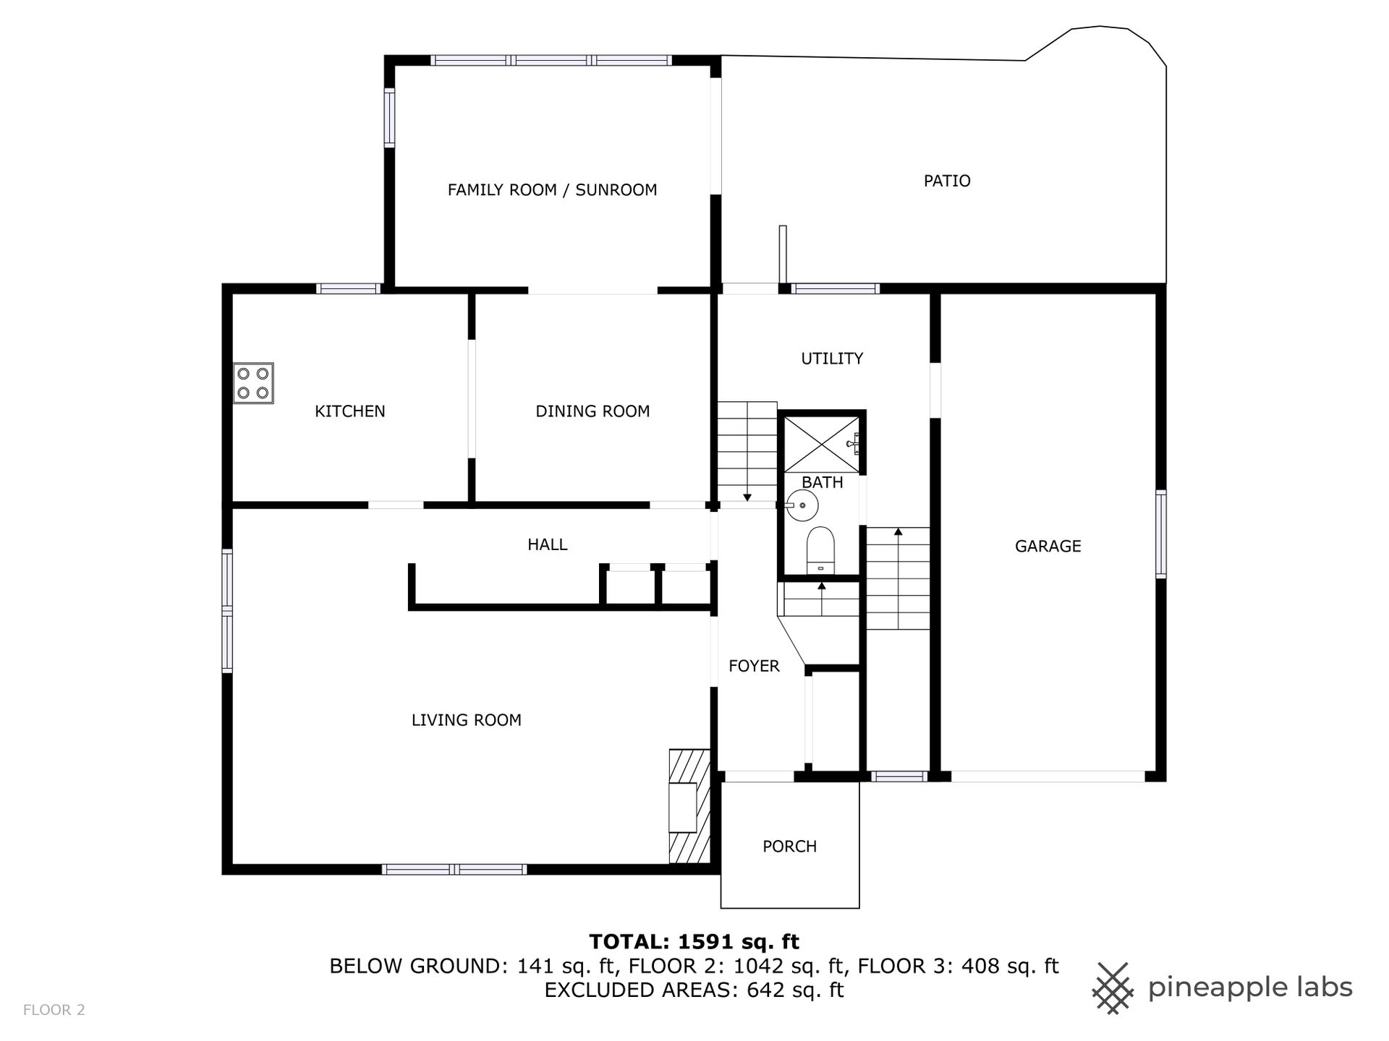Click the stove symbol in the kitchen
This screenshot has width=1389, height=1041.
point(253,383)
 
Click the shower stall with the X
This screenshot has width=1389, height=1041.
point(822,443)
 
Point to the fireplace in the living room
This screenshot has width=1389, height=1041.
point(689,806)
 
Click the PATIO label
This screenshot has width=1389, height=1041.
point(947,181)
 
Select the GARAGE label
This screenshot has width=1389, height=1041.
point(1048,547)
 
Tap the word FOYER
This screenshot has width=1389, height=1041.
point(754,666)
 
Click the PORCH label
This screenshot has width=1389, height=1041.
point(789,847)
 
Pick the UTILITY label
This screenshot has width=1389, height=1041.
point(832,359)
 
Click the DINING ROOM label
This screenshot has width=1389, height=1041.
point(592,411)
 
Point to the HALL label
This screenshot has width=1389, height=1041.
point(548,544)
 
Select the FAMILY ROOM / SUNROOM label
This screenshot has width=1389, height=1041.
point(552,190)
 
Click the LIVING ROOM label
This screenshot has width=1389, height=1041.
point(467,720)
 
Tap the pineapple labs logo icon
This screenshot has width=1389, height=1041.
point(1113,988)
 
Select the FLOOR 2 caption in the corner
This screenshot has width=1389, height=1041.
point(54,1010)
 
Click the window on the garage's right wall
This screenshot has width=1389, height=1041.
point(1160,534)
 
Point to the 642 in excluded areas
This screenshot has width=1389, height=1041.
point(765,990)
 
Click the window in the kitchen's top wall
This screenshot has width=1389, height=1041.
point(349,288)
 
